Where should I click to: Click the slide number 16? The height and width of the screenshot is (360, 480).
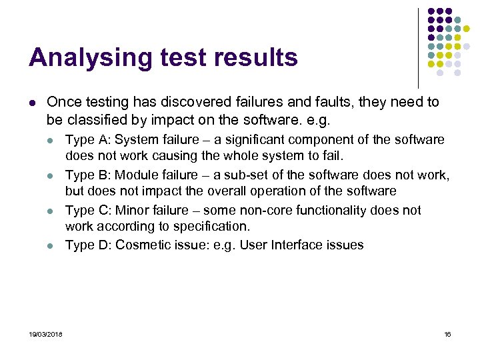[447, 334]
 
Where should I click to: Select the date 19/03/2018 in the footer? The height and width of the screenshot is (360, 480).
[45, 334]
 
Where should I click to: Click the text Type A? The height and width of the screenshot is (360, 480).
[89, 139]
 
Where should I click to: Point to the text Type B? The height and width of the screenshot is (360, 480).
[89, 175]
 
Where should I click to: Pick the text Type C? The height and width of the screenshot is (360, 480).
[89, 210]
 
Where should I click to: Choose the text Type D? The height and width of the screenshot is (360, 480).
[89, 245]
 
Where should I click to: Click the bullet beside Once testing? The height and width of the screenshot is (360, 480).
[32, 103]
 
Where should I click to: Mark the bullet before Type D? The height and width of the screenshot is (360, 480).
[51, 246]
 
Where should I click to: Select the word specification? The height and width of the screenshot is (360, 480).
[212, 226]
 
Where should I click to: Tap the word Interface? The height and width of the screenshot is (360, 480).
[296, 245]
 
